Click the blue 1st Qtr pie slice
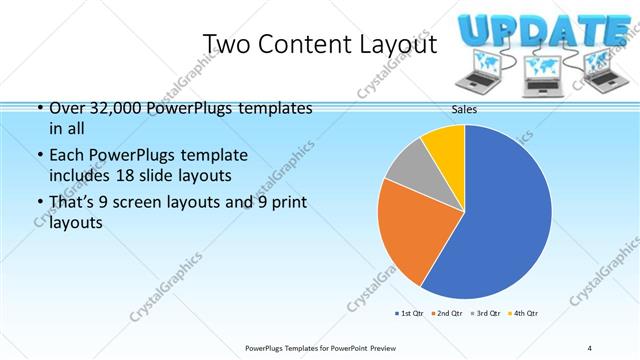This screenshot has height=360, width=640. pos(500,220)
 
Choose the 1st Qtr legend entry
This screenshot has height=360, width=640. pos(411,314)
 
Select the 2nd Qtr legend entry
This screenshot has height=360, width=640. pos(447,314)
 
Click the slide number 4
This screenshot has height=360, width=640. pos(589,347)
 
